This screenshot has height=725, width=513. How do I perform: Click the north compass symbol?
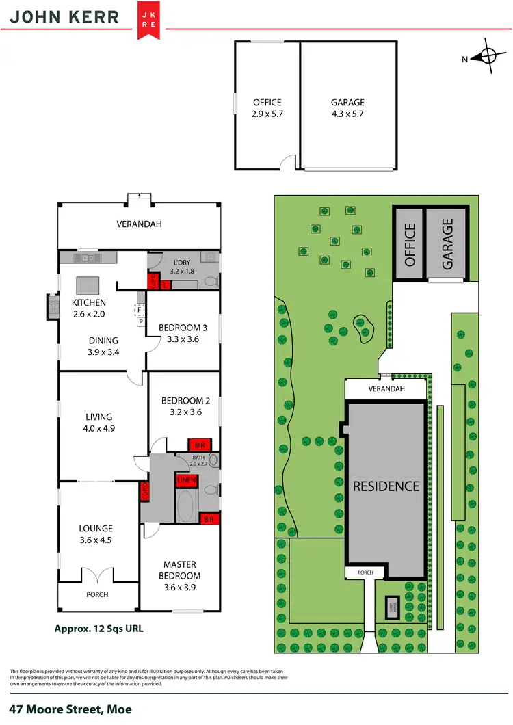[488, 58]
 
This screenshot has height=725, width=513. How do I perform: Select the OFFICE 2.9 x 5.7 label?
[267, 109]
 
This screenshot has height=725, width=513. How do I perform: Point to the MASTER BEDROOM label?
[180, 570]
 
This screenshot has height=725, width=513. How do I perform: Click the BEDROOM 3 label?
[182, 333]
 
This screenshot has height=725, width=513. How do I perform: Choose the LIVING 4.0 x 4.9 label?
[98, 422]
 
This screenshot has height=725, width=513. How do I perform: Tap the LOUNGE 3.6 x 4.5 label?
[95, 533]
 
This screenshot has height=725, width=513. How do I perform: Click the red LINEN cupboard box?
[186, 480]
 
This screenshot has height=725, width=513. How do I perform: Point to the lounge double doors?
[97, 577]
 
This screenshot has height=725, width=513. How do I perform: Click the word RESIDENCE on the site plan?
[386, 486]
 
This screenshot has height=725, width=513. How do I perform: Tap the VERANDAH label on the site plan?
[386, 389]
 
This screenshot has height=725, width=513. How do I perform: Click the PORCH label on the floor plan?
[97, 594]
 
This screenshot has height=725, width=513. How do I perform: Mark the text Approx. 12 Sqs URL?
[98, 627]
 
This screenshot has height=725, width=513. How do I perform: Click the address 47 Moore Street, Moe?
[70, 710]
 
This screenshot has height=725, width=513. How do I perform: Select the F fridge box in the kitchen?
[140, 308]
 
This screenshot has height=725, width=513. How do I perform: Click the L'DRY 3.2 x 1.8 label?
[181, 267]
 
